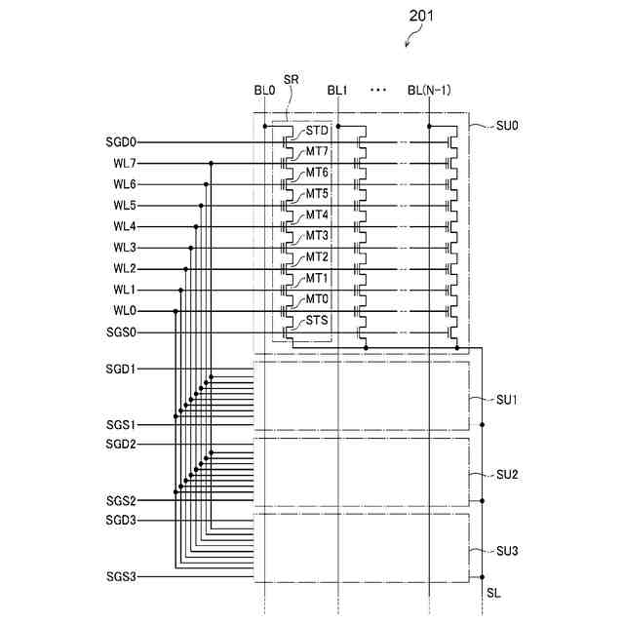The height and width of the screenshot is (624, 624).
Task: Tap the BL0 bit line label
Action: click(264, 91)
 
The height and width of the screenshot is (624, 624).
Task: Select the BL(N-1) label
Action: click(429, 91)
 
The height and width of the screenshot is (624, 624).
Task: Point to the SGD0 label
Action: click(122, 141)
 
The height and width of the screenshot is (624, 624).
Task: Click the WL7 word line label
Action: click(125, 163)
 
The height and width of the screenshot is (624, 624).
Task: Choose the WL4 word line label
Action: click(125, 226)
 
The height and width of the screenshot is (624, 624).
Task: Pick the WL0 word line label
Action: click(125, 311)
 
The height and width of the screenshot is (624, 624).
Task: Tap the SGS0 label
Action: click(122, 332)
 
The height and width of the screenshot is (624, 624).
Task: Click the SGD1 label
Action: click(122, 370)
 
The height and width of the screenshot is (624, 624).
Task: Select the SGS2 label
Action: click(122, 500)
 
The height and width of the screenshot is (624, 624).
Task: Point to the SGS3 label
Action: click(122, 576)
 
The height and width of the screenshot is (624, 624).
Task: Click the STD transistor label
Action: click(317, 131)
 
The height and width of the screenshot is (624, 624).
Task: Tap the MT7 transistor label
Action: click(317, 152)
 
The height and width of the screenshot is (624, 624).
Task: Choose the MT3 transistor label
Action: click(317, 236)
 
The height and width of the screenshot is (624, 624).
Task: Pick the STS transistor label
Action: click(317, 321)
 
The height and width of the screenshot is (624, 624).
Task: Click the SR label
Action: click(291, 79)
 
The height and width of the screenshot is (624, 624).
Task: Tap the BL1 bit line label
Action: click(337, 91)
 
